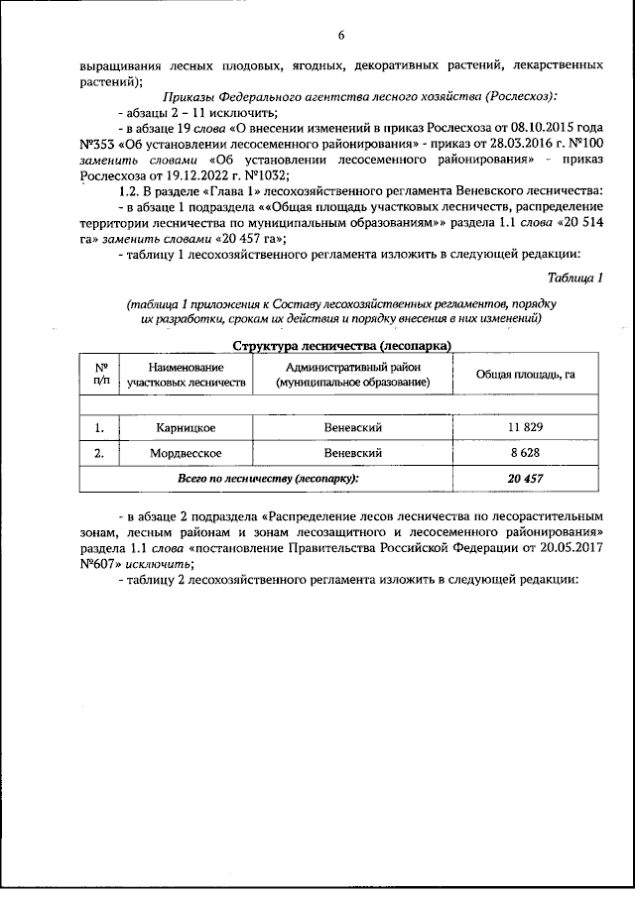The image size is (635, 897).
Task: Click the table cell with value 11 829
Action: [525, 427]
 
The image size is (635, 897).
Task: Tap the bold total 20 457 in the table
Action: [525, 478]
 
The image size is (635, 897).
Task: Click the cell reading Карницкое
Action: [186, 427]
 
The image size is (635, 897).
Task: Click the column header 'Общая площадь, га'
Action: [525, 374]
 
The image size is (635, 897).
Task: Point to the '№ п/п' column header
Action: [99, 373]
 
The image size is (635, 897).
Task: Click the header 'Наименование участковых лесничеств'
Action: [186, 374]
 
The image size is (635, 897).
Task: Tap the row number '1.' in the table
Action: [99, 427]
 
